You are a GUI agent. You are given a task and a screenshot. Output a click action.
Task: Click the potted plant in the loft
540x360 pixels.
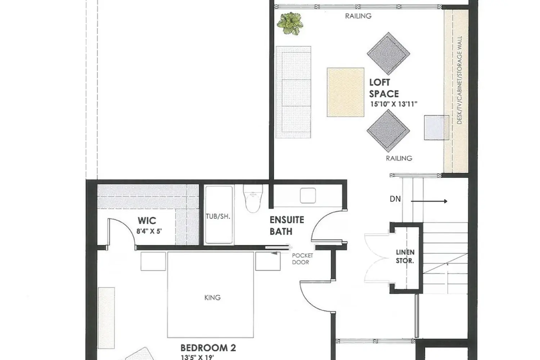pyautogui.click(x=290, y=23)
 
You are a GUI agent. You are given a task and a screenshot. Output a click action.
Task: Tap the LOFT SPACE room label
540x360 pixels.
pyautogui.click(x=384, y=88)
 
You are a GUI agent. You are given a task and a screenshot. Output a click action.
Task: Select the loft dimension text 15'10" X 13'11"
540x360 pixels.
pyautogui.click(x=393, y=104)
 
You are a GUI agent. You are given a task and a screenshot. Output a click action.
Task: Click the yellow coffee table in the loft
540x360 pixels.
pyautogui.click(x=345, y=92)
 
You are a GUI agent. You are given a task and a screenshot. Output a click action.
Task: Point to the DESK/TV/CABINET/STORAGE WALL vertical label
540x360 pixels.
pyautogui.click(x=459, y=80)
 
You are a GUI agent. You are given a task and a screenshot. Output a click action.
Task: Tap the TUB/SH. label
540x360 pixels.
pyautogui.click(x=218, y=216)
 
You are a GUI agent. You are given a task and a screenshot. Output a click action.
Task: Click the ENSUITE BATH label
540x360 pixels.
pyautogui.click(x=287, y=225)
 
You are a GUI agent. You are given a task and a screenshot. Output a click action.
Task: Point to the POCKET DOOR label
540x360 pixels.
pyautogui.click(x=302, y=259)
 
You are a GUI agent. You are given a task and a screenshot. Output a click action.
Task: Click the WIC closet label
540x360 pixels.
pyautogui.click(x=147, y=220)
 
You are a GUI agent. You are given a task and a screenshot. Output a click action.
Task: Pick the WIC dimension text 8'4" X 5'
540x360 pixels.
pyautogui.click(x=149, y=231)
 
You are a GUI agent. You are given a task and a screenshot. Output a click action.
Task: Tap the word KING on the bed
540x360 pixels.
pyautogui.click(x=212, y=298)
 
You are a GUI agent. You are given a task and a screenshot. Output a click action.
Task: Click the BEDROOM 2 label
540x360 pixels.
pyautogui.click(x=208, y=348)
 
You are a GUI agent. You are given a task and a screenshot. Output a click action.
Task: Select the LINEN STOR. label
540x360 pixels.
pyautogui.click(x=405, y=256)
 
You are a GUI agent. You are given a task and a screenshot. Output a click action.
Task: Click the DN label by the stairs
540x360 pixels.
pyautogui.click(x=395, y=199)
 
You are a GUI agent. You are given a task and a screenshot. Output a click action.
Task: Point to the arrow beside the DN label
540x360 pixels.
pyautogui.click(x=429, y=201)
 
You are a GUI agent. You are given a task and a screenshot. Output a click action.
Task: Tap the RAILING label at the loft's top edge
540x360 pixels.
pyautogui.click(x=358, y=16)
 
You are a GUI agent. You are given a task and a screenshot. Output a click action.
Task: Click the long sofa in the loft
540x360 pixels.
pyautogui.click(x=293, y=92)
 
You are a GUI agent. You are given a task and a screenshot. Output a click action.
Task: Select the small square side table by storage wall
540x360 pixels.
pyautogui.click(x=436, y=127)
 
